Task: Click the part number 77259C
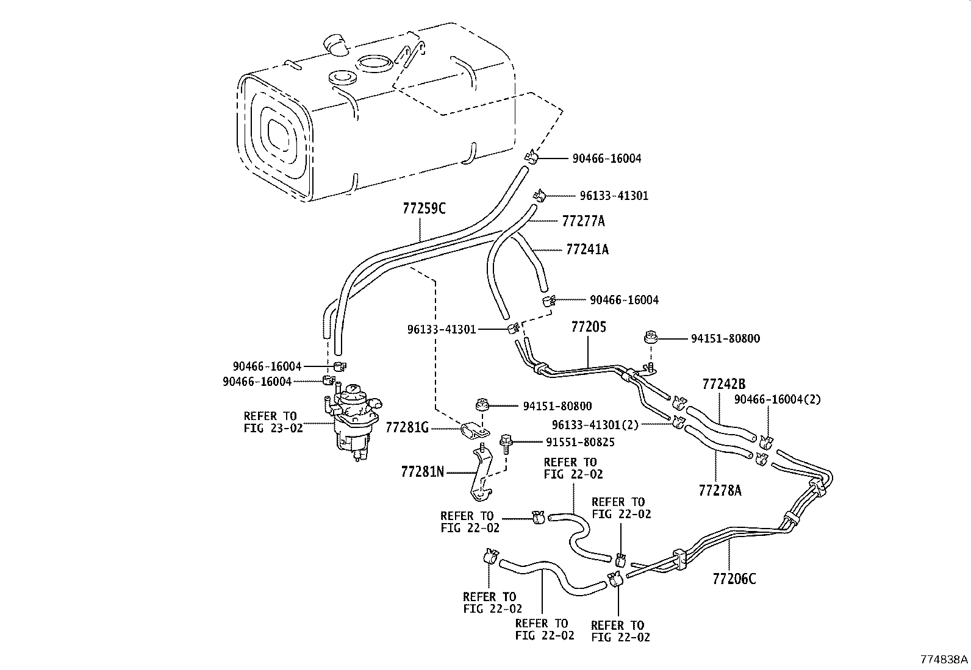pos(424,208)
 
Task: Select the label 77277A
pos(583,221)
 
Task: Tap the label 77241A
pos(587,249)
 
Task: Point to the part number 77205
pos(589,327)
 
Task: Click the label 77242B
pos(724,384)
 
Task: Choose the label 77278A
pos(720,490)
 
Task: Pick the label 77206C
pos(734,579)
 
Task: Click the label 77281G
pos(407,427)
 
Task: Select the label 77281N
pos(423,471)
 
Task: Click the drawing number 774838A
pos(944,660)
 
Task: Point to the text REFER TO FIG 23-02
pos(273,422)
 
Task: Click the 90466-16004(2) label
pos(778,399)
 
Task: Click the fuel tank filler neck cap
pos(334,45)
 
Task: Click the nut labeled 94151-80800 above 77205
pos(650,337)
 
